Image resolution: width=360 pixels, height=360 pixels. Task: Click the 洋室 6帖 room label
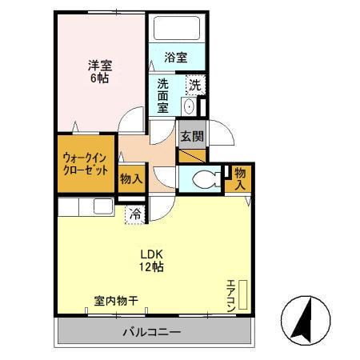(x=98, y=72)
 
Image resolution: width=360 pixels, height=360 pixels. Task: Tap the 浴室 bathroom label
(x=176, y=58)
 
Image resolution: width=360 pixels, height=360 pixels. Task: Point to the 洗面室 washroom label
(x=162, y=94)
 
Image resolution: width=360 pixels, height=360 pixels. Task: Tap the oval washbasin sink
(x=189, y=107)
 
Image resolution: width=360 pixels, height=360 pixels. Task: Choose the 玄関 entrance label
(x=190, y=135)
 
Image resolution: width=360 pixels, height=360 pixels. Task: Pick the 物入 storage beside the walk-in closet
(x=130, y=178)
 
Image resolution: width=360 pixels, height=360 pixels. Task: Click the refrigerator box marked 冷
(x=136, y=214)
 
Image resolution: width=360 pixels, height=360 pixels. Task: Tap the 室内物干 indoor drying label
(x=116, y=302)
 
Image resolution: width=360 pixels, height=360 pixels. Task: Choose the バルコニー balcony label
(x=152, y=332)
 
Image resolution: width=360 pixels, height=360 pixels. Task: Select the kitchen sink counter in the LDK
(x=88, y=206)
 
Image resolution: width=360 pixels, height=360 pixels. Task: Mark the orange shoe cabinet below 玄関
(x=191, y=155)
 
